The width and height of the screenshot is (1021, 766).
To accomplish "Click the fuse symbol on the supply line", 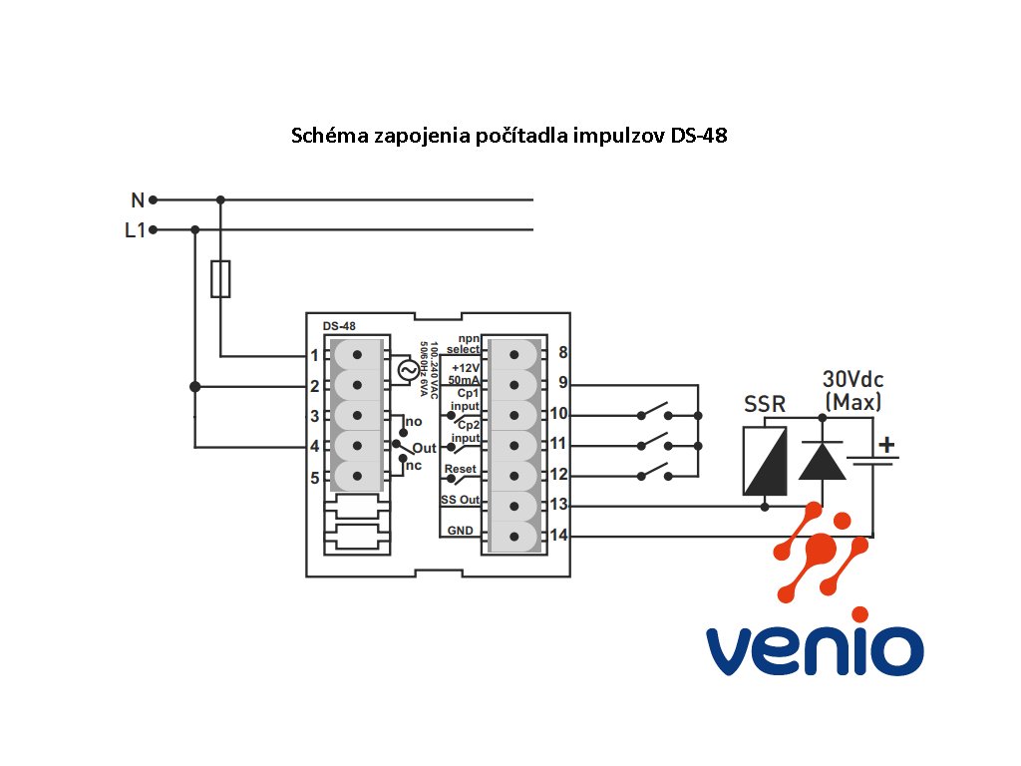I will click(x=221, y=278).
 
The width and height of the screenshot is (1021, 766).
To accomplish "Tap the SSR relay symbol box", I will click(x=765, y=461).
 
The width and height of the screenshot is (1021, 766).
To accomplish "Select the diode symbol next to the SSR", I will click(x=823, y=461).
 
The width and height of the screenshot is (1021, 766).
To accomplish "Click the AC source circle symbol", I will click(x=408, y=370).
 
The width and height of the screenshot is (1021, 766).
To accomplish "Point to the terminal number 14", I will click(x=559, y=536).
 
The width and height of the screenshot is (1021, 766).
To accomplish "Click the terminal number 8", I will click(x=563, y=353).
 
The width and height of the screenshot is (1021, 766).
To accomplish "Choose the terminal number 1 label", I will click(x=314, y=355).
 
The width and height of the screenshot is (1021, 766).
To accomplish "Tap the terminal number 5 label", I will click(x=314, y=478).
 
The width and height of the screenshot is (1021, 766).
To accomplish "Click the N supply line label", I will click(x=138, y=199).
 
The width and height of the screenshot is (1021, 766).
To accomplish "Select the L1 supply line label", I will click(x=135, y=230).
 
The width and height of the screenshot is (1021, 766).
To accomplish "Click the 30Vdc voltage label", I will click(x=852, y=380).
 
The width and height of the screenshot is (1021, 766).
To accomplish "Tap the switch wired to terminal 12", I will click(x=654, y=471).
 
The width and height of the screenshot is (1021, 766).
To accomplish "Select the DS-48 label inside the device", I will click(x=339, y=326).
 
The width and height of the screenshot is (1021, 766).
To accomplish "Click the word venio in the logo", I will click(x=815, y=649).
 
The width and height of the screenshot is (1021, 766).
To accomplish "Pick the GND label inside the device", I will click(x=460, y=531).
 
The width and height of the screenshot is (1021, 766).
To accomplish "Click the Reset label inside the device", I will click(x=460, y=469).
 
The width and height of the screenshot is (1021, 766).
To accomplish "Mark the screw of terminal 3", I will click(x=356, y=416).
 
